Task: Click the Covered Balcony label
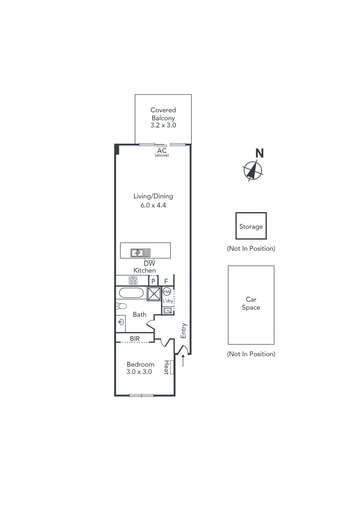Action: click(163, 118)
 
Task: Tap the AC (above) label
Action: click(162, 152)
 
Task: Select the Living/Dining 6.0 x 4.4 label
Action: click(153, 201)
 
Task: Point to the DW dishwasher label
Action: click(149, 263)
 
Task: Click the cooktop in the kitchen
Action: click(133, 281)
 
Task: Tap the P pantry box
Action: click(153, 281)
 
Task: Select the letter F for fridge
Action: click(166, 281)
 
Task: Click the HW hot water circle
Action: click(167, 292)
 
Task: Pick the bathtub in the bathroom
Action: click(131, 293)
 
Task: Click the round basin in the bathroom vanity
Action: click(122, 322)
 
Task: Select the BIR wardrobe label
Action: click(135, 338)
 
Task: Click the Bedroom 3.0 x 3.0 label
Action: click(140, 368)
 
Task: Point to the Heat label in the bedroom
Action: click(166, 368)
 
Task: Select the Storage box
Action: click(251, 226)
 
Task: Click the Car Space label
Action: click(251, 304)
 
